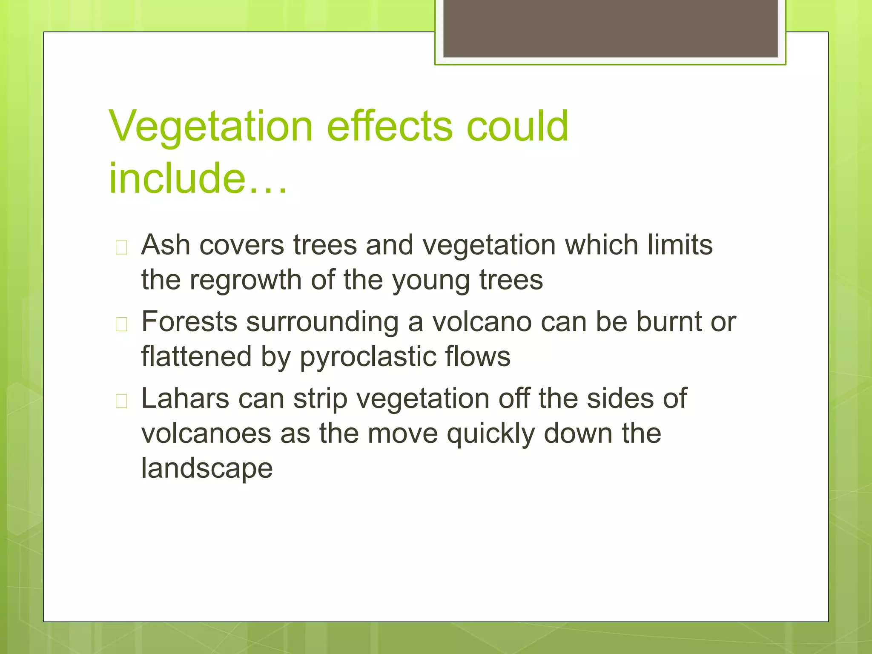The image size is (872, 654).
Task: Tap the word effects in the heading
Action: (390, 126)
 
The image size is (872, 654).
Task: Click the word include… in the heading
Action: (198, 179)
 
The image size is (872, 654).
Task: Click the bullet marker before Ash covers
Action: (121, 247)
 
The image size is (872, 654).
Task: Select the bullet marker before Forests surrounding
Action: (121, 324)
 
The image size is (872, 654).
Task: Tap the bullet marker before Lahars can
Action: (121, 401)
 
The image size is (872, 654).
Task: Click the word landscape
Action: (207, 469)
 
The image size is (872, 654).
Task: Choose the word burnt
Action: (668, 322)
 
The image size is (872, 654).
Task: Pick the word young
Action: (431, 281)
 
